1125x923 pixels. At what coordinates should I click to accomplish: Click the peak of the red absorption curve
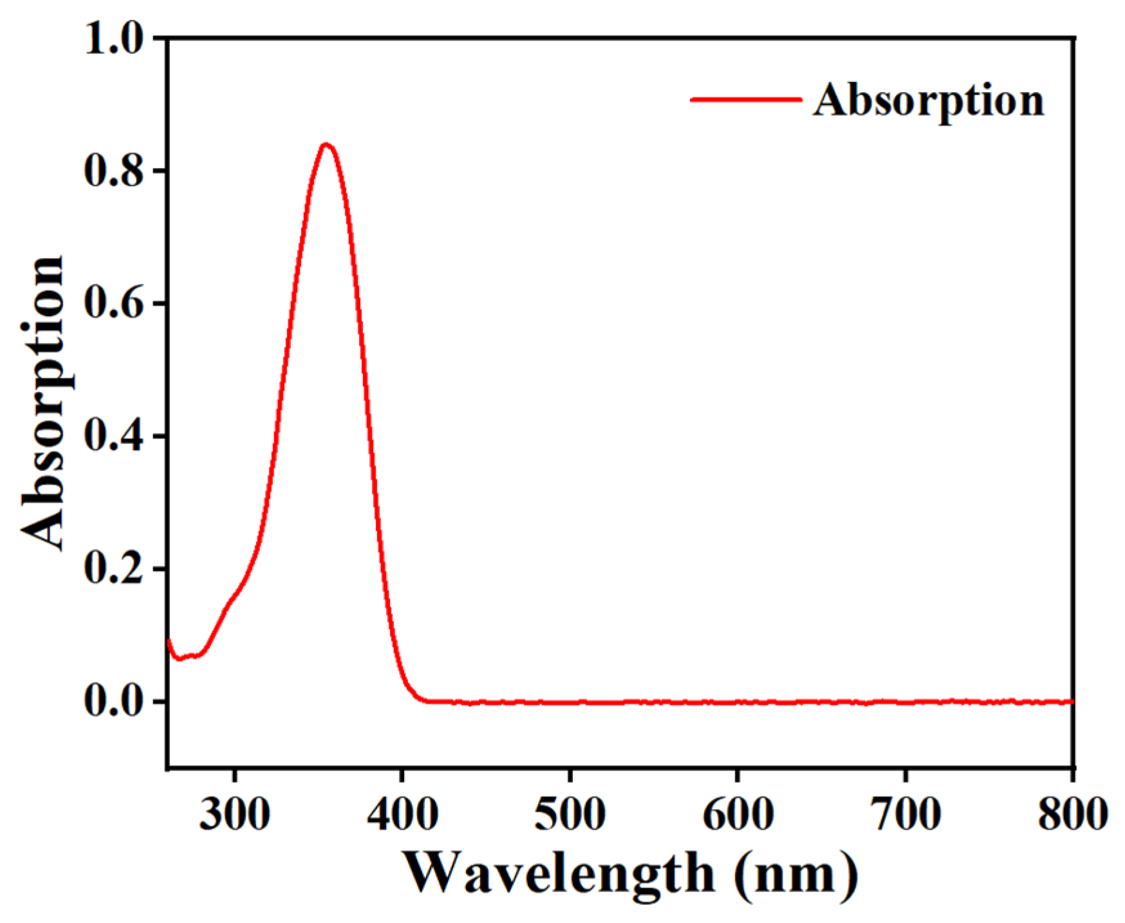coord(326,145)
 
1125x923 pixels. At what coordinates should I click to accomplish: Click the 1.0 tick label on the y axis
coord(114,39)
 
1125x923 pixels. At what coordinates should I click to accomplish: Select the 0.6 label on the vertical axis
coord(114,304)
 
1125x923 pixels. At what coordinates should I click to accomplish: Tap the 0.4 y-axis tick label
coord(114,436)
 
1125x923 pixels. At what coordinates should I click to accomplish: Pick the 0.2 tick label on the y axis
coord(114,569)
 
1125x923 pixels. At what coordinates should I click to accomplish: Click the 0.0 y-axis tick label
coord(114,702)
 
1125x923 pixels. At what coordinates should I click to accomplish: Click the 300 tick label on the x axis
coord(234,814)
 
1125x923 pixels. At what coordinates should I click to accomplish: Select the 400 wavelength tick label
coord(402,814)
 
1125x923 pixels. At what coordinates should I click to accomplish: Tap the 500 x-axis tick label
coord(570,814)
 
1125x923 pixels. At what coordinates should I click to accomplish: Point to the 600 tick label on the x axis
coord(738,814)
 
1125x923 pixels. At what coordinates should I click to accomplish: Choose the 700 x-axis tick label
coord(906,814)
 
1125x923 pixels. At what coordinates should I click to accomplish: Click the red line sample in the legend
coord(746,100)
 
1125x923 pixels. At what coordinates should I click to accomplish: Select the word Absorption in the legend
coord(928,102)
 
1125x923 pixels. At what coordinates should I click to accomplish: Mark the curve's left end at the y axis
coord(169,641)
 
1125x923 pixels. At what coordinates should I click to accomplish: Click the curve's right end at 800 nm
coord(1071,702)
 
